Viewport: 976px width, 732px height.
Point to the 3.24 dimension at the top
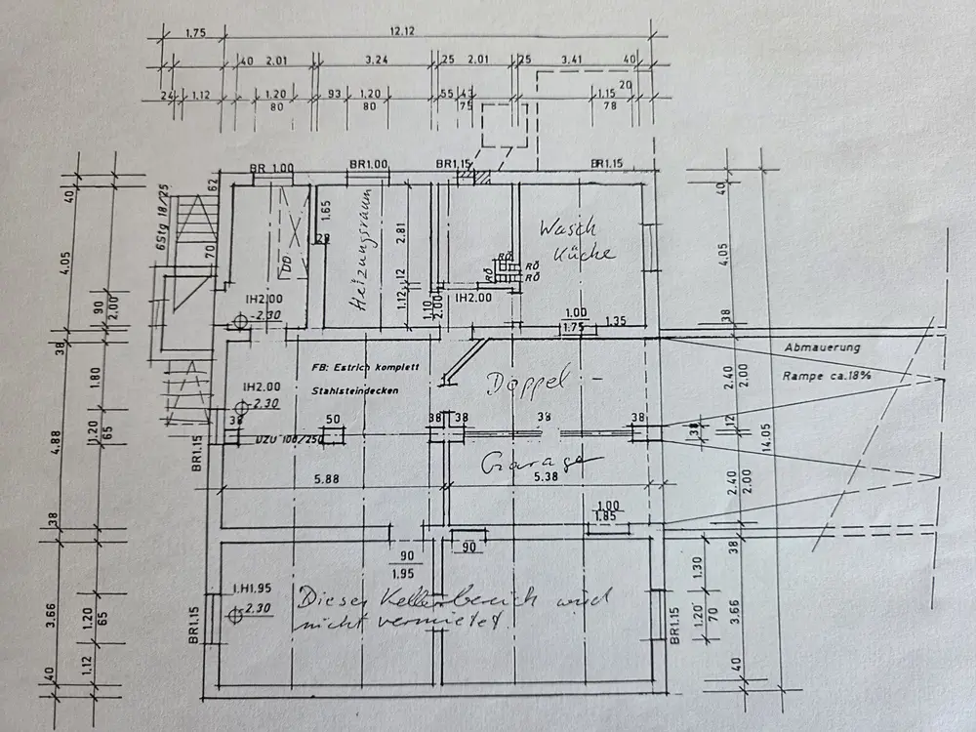tap(377, 61)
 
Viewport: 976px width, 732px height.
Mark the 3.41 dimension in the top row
tap(573, 61)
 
